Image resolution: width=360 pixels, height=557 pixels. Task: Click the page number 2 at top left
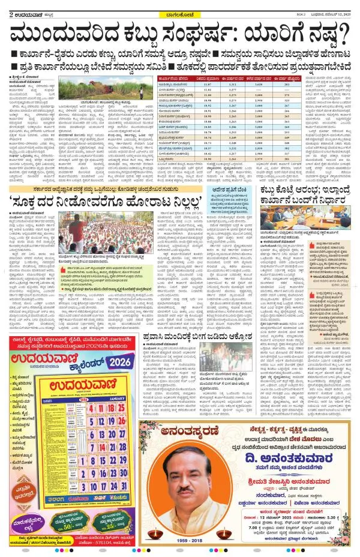pyautogui.click(x=5, y=7)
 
